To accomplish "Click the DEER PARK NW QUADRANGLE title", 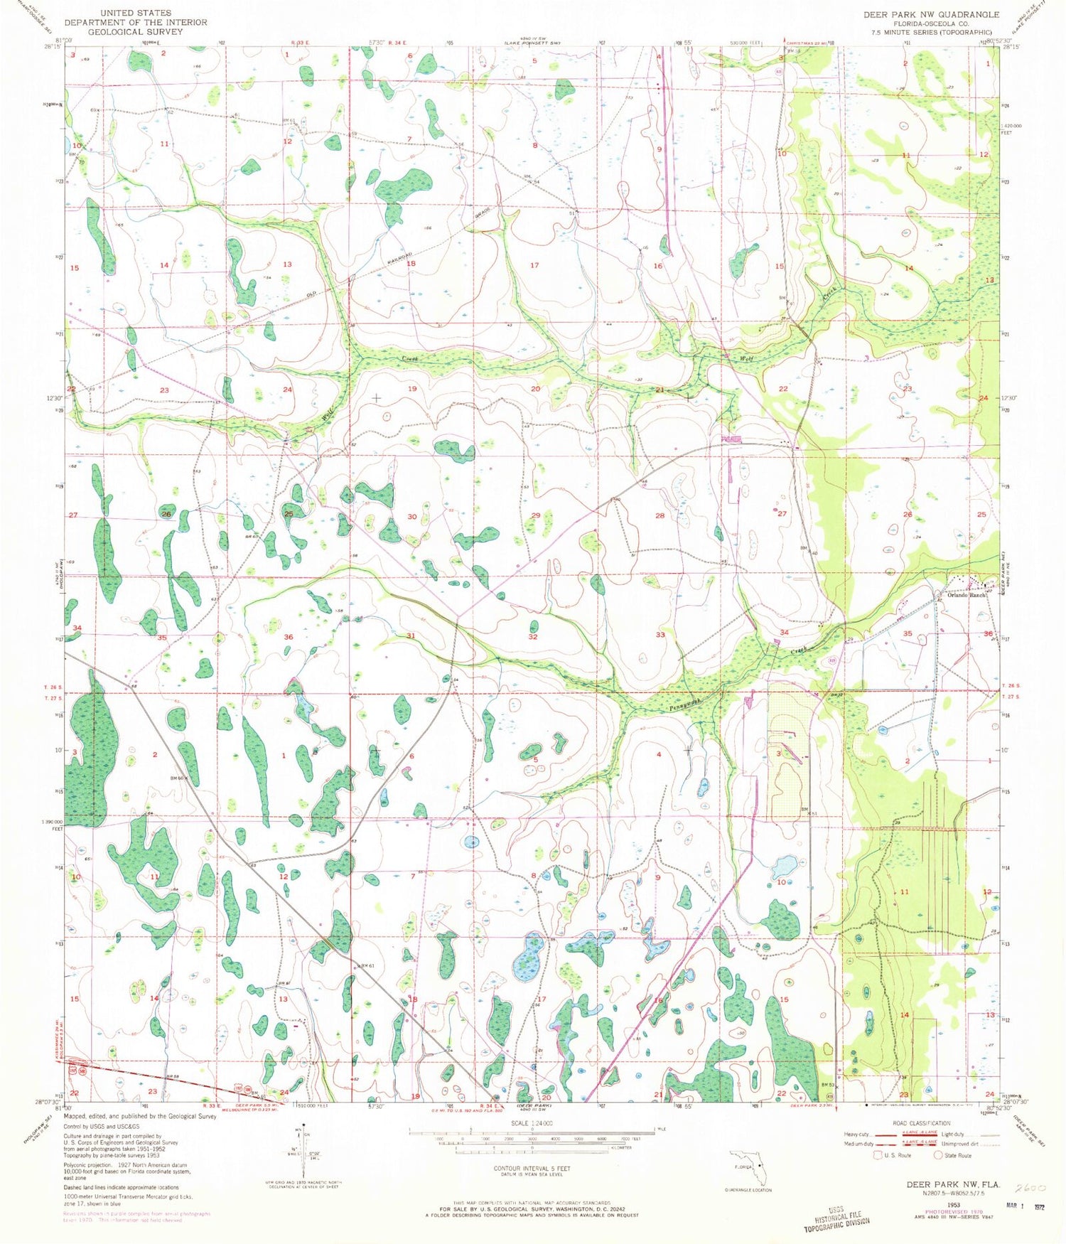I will pyautogui.click(x=930, y=14).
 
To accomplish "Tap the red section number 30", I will pyautogui.click(x=411, y=516).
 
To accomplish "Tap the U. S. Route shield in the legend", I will pyautogui.click(x=880, y=1155).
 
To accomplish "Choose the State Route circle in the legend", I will pyautogui.click(x=938, y=1155).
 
